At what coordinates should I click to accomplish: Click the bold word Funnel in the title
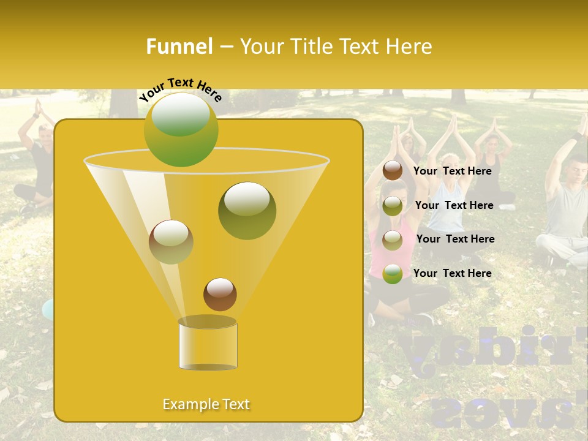click(179, 47)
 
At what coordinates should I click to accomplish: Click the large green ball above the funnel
click(181, 129)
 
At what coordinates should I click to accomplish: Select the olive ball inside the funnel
click(247, 210)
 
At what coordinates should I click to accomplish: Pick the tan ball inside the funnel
click(171, 241)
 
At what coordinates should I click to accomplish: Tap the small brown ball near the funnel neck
click(220, 294)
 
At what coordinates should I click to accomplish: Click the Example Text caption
click(206, 404)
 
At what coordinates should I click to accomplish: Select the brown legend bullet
click(393, 171)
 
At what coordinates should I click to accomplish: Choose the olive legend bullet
click(393, 206)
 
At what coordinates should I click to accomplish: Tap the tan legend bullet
click(393, 239)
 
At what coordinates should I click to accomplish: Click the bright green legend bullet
click(393, 274)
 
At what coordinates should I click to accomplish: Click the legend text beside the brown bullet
click(452, 171)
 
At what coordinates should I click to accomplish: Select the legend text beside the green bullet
click(452, 273)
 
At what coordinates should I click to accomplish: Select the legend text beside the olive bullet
click(454, 205)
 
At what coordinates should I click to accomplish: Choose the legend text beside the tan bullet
click(455, 239)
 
